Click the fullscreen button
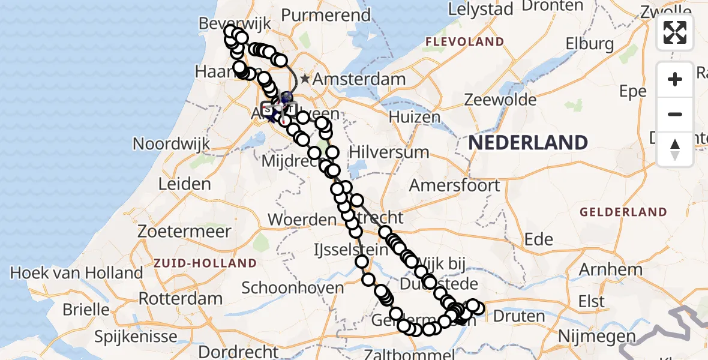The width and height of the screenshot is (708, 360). coord(675,32)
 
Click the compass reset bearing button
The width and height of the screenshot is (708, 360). coord(675,149)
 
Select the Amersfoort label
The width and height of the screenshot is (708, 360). coord(454,185)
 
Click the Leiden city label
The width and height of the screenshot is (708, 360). coord(184,184)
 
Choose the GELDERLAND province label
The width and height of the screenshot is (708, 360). coord(623,212)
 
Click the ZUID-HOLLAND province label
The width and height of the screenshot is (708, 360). coord(205,263)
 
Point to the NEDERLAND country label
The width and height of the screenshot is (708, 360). coord(528,143)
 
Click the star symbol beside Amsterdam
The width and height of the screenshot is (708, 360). coord(305,79)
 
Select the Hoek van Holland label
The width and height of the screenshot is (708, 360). coord(76,273)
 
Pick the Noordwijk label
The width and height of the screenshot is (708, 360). coord(171,144)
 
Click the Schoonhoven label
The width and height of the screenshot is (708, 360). coord(292,287)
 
